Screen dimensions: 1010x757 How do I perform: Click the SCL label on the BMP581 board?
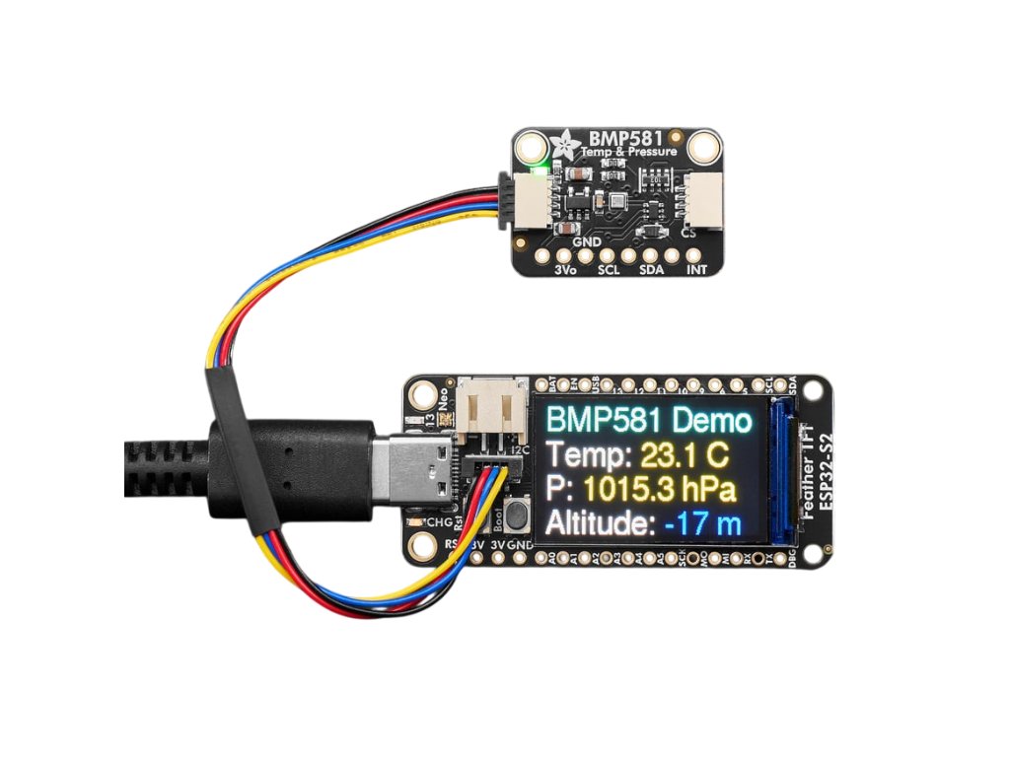point(608,269)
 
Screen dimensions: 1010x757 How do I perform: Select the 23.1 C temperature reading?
point(683,455)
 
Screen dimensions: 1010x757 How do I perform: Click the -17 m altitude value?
point(702,523)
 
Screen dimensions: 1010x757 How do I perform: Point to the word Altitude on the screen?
point(599,523)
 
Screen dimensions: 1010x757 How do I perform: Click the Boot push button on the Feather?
point(514,514)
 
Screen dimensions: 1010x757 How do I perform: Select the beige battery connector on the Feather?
point(494,405)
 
